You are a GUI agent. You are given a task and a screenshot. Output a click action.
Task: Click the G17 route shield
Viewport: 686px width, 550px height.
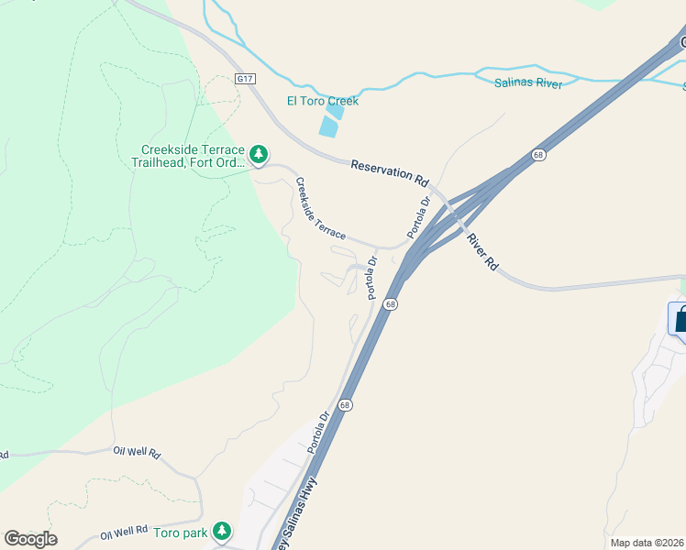tap(244, 79)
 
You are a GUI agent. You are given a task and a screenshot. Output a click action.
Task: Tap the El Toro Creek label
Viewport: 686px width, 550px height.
tap(322, 101)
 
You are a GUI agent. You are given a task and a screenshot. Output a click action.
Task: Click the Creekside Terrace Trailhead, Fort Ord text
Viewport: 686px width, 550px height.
tap(193, 156)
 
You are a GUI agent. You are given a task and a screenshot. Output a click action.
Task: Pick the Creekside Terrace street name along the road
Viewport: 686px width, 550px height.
tap(320, 208)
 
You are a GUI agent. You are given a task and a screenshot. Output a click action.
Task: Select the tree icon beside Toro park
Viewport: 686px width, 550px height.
tap(221, 530)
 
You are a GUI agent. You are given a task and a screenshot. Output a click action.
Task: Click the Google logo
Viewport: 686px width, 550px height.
tap(30, 539)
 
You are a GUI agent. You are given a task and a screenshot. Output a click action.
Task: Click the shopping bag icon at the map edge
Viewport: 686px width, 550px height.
tap(680, 321)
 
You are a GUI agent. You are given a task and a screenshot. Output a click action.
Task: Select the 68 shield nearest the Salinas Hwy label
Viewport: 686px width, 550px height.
tap(346, 404)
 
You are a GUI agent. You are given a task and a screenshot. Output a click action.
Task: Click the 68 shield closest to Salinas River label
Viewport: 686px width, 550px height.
tap(538, 155)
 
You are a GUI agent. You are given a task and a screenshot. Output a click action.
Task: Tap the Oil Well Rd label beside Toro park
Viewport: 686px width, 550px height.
tap(125, 532)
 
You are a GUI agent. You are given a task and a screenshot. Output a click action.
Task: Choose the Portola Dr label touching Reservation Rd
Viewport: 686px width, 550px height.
tap(419, 215)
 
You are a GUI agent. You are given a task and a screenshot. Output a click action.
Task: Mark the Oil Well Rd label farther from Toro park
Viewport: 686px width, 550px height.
tap(138, 453)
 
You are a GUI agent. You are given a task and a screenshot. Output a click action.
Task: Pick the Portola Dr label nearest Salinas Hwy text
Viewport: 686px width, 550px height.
tap(318, 433)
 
